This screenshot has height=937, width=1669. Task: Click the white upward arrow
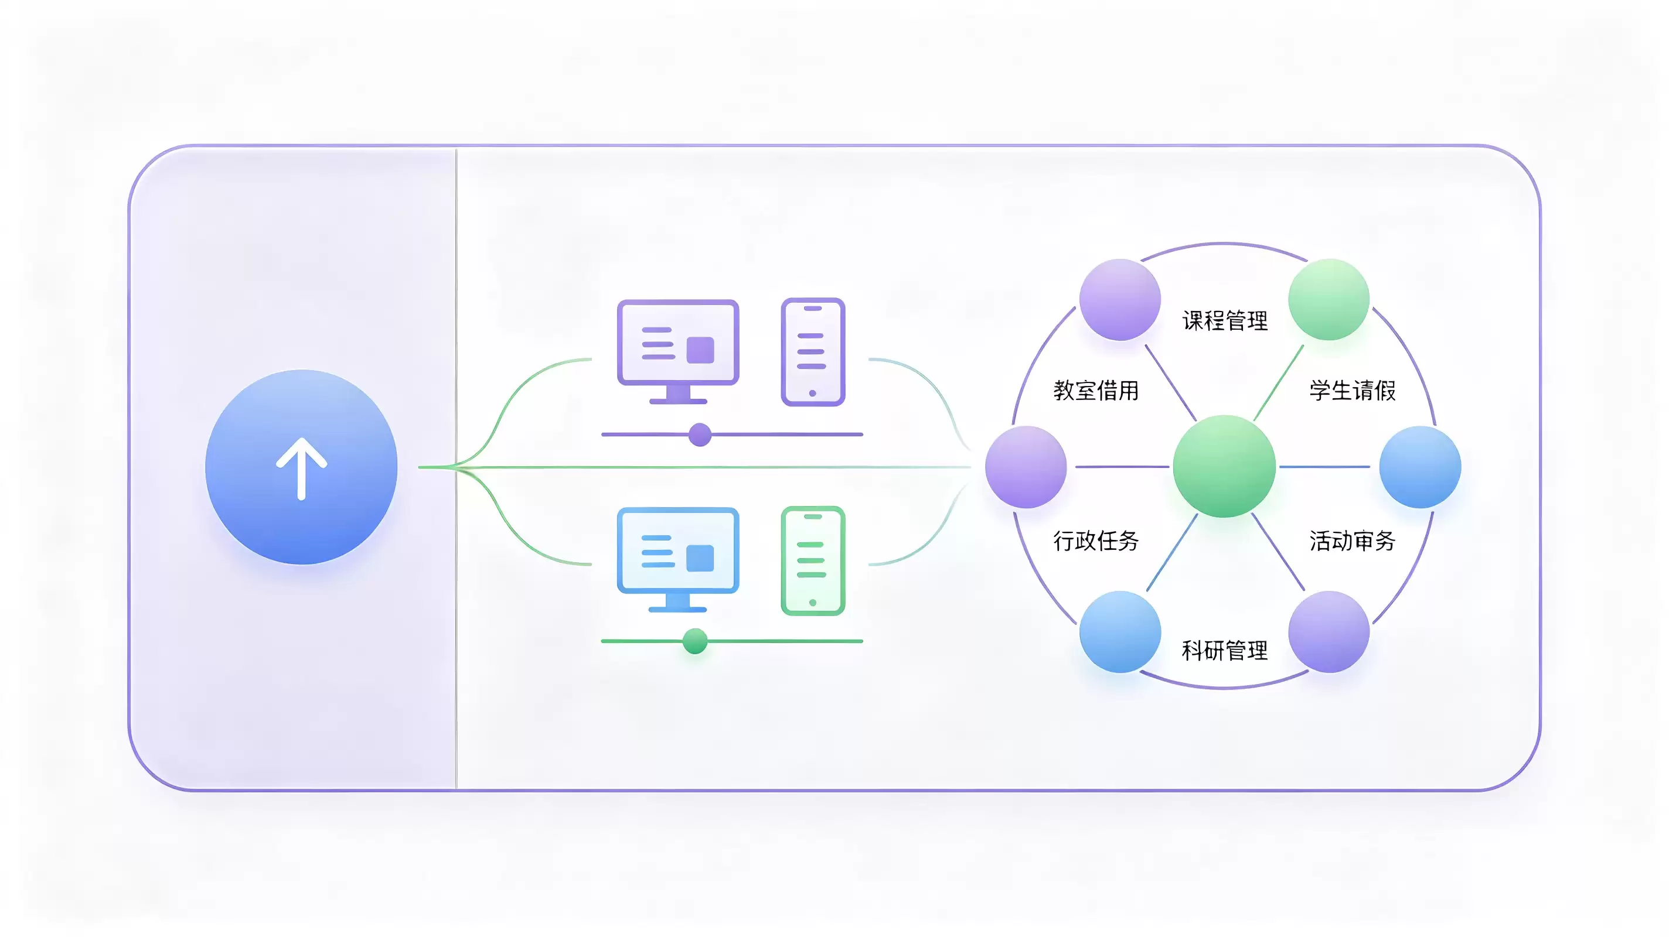pos(301,468)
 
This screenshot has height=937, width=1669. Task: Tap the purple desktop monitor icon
pos(677,351)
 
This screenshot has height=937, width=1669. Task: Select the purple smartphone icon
pos(813,351)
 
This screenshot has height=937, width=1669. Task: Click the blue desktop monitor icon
pos(677,559)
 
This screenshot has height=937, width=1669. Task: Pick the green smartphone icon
pos(813,560)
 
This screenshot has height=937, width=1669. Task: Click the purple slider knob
pos(700,435)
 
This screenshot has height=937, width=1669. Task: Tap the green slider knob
pos(695,641)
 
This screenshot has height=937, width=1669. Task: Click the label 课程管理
pos(1225,320)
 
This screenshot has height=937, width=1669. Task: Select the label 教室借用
pos(1096,391)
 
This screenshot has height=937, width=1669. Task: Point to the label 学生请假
pos(1352,391)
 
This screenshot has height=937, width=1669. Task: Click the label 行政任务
pos(1096,541)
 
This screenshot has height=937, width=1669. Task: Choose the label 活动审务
pos(1352,541)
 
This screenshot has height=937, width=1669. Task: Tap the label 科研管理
pos(1225,650)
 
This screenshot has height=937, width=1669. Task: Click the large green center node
pos(1225,466)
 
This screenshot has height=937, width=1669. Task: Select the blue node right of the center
pos(1420,467)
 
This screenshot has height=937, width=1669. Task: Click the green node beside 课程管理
pos(1329,299)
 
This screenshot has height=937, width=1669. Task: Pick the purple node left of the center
pos(1026,467)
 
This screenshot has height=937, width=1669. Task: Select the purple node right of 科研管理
pos(1329,632)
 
